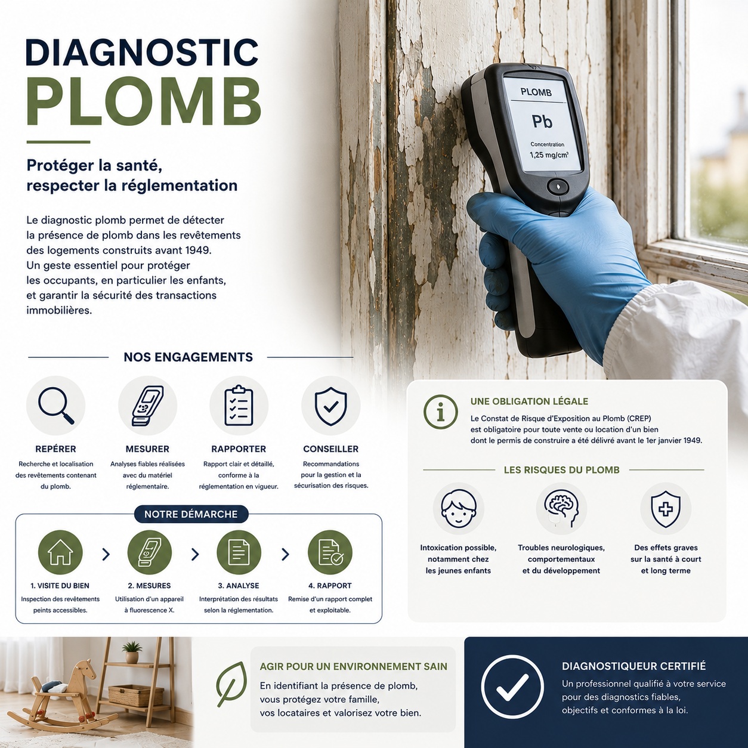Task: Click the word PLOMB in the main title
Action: pos(144,101)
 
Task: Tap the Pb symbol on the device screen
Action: pos(542,122)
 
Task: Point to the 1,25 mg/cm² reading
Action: pos(549,155)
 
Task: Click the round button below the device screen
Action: pos(558,186)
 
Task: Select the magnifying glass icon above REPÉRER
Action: pos(56,406)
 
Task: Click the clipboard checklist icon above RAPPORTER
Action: pos(239,406)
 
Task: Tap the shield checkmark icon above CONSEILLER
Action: pos(330,406)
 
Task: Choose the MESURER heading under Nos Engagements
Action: pos(147,449)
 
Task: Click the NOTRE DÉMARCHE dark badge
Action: pos(191,514)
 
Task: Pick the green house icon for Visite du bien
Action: pos(61,552)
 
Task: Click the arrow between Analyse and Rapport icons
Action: pos(285,554)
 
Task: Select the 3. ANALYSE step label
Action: pos(239,586)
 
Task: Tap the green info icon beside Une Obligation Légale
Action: pos(441,412)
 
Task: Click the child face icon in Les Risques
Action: pos(459,508)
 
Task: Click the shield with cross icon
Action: pos(666,509)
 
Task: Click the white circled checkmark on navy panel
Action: pos(512,687)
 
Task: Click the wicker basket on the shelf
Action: pos(131,696)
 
